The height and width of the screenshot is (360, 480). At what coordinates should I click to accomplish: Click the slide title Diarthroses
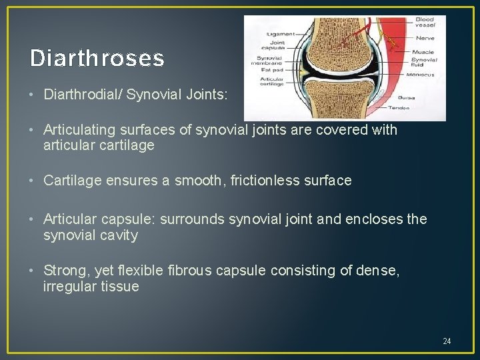(x=97, y=59)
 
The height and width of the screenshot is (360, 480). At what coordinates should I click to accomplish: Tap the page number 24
(x=447, y=341)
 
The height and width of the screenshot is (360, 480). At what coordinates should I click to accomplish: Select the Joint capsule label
(x=277, y=45)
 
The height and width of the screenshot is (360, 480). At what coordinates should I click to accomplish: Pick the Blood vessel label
(x=425, y=23)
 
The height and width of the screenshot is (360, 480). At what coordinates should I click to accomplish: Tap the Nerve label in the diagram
(x=426, y=39)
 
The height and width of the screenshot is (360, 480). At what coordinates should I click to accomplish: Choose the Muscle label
(x=423, y=52)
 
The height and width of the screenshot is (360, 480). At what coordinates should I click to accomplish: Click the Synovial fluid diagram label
(x=424, y=62)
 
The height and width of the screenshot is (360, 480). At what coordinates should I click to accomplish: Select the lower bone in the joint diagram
(x=339, y=100)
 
